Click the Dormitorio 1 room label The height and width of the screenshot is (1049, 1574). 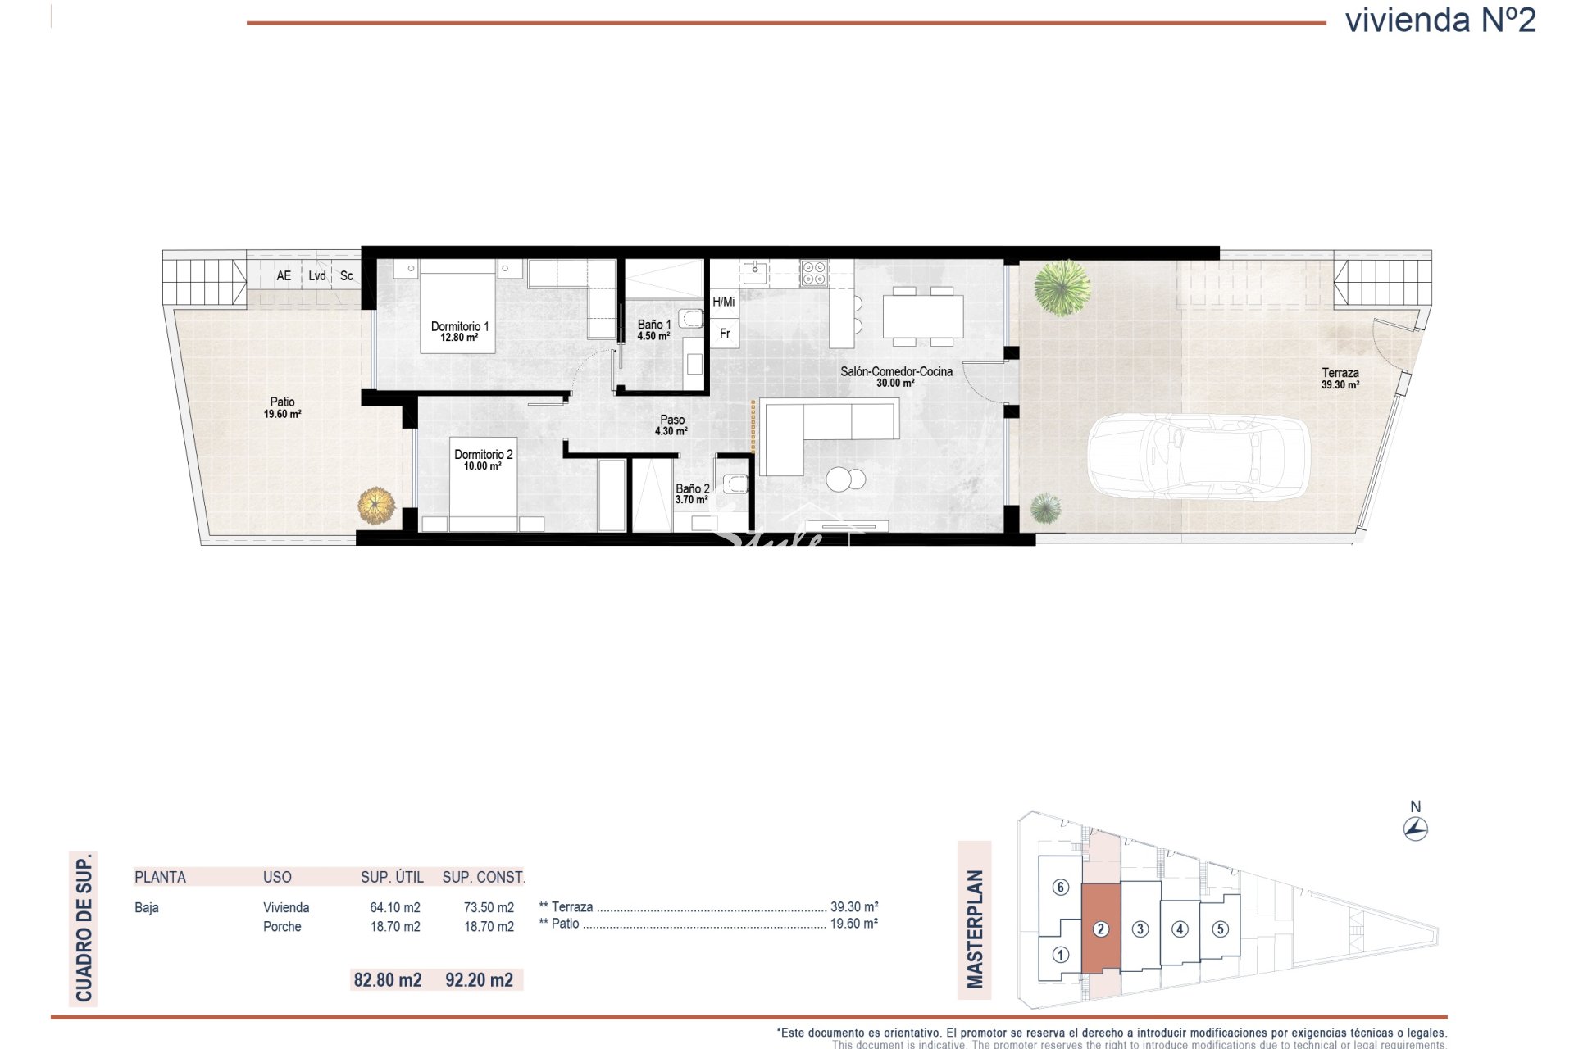459,331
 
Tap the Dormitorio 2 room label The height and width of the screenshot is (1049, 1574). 483,460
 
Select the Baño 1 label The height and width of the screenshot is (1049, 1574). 653,330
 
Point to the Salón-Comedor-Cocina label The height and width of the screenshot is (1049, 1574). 896,377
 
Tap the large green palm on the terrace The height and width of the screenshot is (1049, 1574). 1062,287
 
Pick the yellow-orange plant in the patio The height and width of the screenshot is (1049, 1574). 376,505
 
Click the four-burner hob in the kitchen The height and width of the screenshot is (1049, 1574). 814,272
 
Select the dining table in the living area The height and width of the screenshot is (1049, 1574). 922,316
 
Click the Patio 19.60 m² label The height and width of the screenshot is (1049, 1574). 282,407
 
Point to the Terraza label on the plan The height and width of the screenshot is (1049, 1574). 1340,372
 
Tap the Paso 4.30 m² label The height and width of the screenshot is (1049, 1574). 671,425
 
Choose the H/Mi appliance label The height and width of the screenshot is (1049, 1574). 724,302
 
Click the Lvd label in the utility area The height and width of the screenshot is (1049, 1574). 317,276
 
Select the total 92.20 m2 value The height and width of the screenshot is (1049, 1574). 479,979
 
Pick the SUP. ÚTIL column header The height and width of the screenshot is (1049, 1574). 392,877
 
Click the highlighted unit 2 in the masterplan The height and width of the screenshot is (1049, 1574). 1101,929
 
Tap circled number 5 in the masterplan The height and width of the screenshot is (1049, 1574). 1221,929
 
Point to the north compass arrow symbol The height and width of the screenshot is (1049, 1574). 1416,829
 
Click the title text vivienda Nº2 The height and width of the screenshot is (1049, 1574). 1440,20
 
